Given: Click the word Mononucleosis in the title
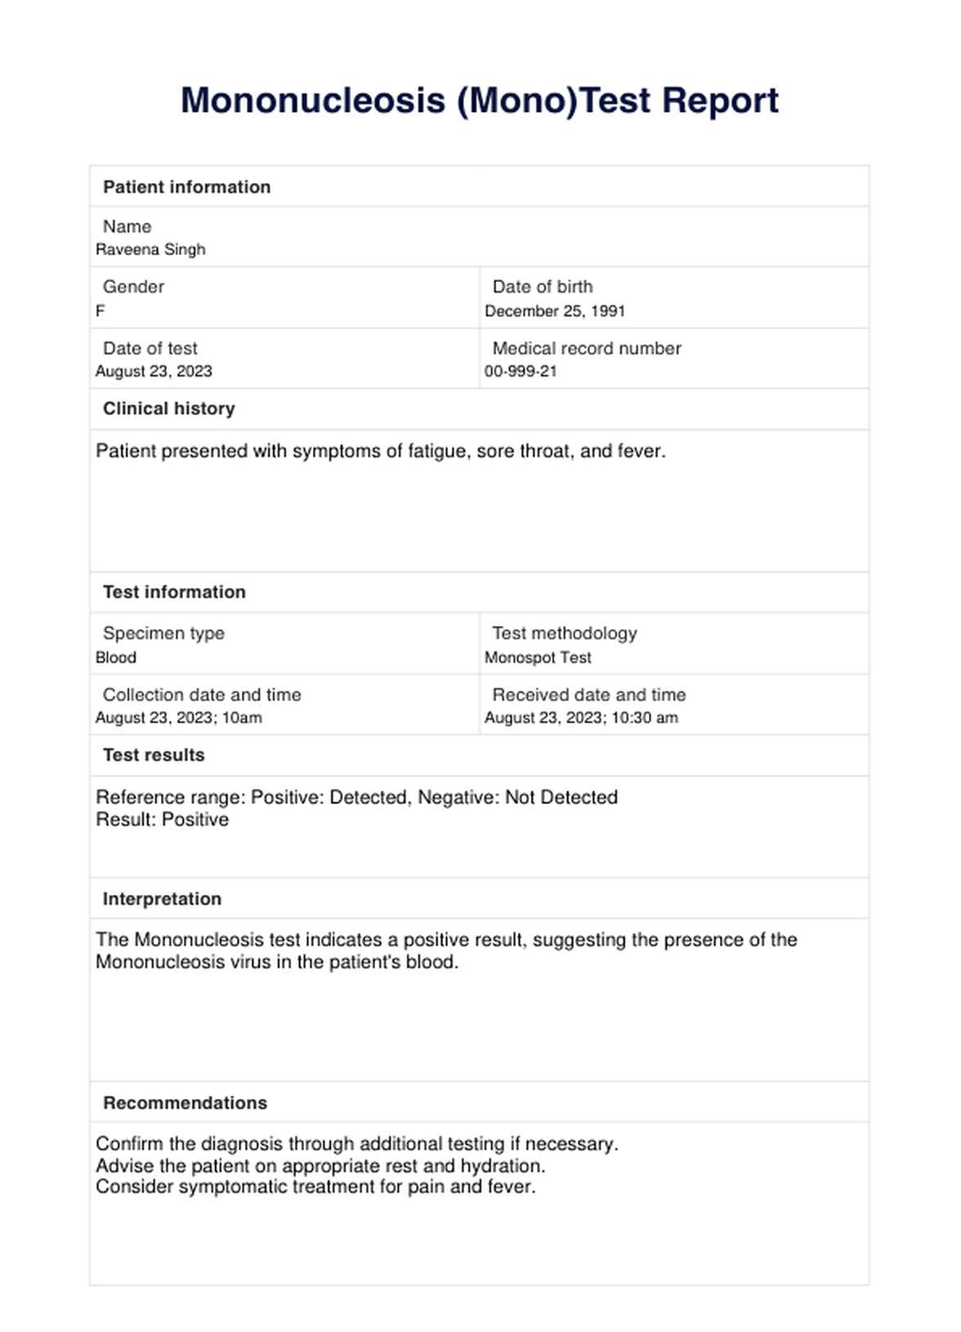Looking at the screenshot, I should (x=313, y=101).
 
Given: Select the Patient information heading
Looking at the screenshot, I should (x=186, y=187).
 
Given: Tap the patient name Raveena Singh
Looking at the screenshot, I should (x=150, y=250).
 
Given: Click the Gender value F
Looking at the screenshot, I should (x=101, y=311).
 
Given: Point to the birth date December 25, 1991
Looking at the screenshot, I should (x=555, y=311).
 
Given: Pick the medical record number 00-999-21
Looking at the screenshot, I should (x=521, y=372).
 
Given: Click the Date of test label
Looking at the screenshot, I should (x=150, y=348).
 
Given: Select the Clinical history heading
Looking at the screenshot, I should (x=168, y=409).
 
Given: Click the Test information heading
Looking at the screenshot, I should (x=174, y=592).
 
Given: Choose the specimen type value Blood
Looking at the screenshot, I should (x=116, y=658).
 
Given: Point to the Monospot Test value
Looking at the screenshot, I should (x=538, y=658).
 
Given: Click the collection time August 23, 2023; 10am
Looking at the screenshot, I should (x=179, y=718).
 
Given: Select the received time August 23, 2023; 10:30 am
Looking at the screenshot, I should (x=581, y=718).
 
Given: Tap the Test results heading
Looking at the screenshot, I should (x=154, y=755).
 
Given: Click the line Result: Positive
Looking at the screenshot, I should (x=162, y=820).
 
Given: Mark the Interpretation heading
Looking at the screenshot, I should (x=162, y=899).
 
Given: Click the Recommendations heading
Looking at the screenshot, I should (x=185, y=1103).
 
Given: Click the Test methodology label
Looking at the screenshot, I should (x=564, y=633).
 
